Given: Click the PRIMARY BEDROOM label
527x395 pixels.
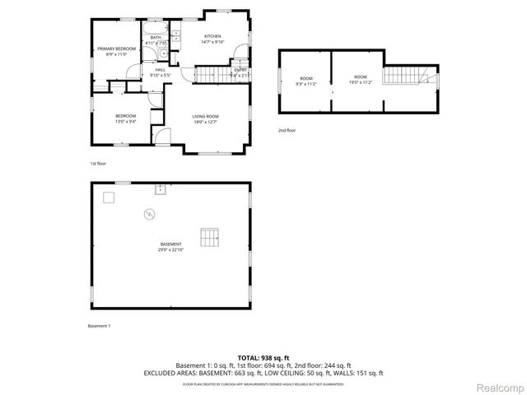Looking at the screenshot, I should pos(115,49).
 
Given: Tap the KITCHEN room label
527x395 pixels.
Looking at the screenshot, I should pos(212,37).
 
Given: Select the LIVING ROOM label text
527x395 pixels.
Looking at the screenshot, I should pos(205,116).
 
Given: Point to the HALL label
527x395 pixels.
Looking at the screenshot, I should pos(161,70).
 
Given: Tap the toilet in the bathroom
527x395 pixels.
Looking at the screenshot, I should pos(163,57).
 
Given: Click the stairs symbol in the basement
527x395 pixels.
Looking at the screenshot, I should pos(211,238).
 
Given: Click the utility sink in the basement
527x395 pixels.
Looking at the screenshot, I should pos(161,189).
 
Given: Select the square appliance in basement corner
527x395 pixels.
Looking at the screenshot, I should pos(109,197).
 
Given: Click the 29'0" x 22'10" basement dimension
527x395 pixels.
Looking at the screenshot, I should pos(171,249).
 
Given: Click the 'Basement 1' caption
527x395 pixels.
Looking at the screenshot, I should pos(99,326).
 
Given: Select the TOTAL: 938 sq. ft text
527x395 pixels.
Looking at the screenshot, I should pos(263,357).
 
